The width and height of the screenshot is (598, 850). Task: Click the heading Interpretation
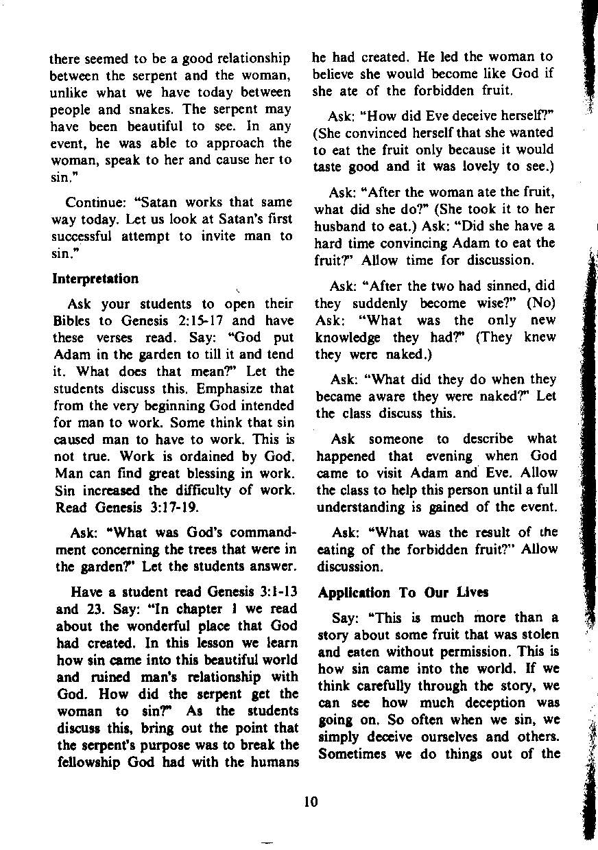coord(95,279)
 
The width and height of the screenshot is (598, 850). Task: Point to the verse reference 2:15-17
coord(205,320)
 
